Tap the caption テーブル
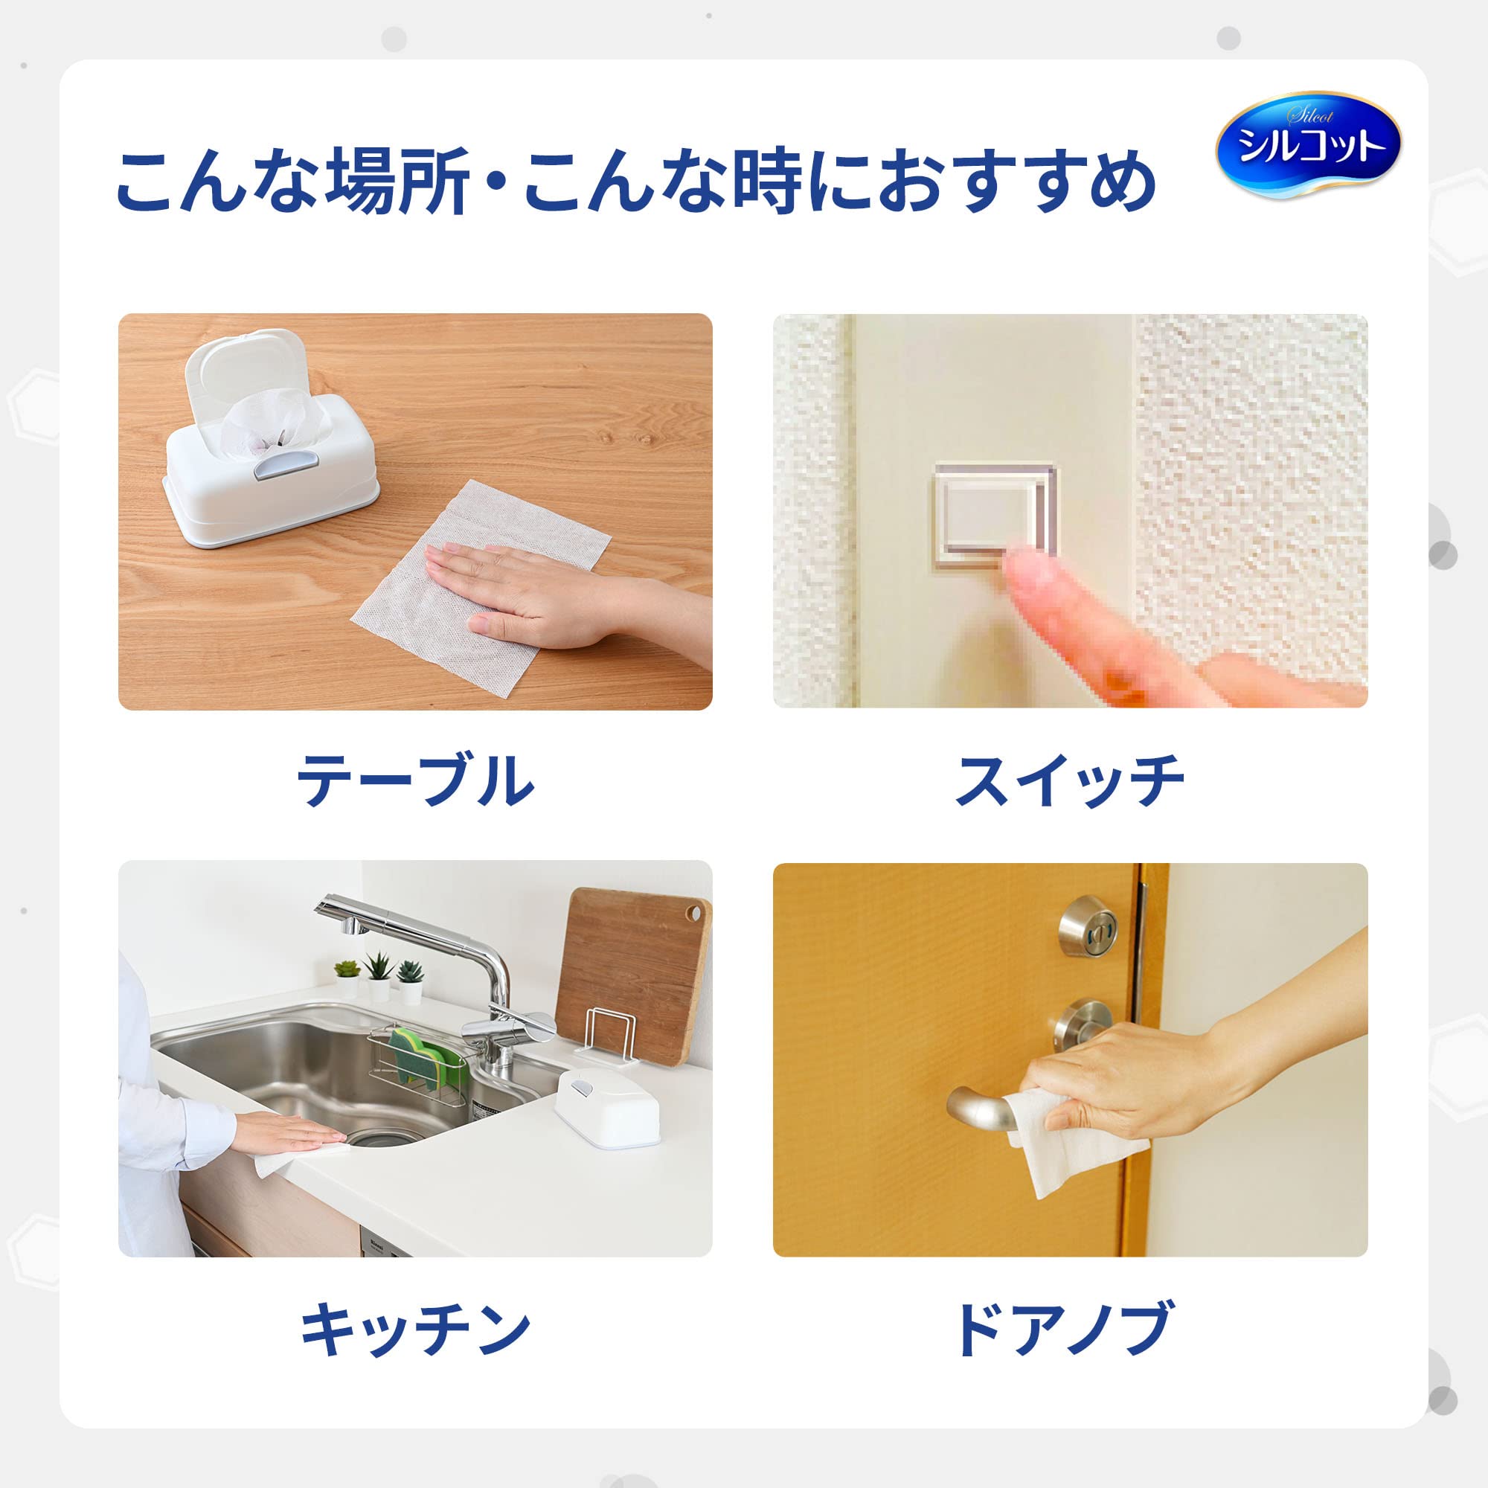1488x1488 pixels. (415, 781)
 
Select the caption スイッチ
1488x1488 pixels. (1069, 781)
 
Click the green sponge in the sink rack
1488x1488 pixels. (420, 1052)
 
